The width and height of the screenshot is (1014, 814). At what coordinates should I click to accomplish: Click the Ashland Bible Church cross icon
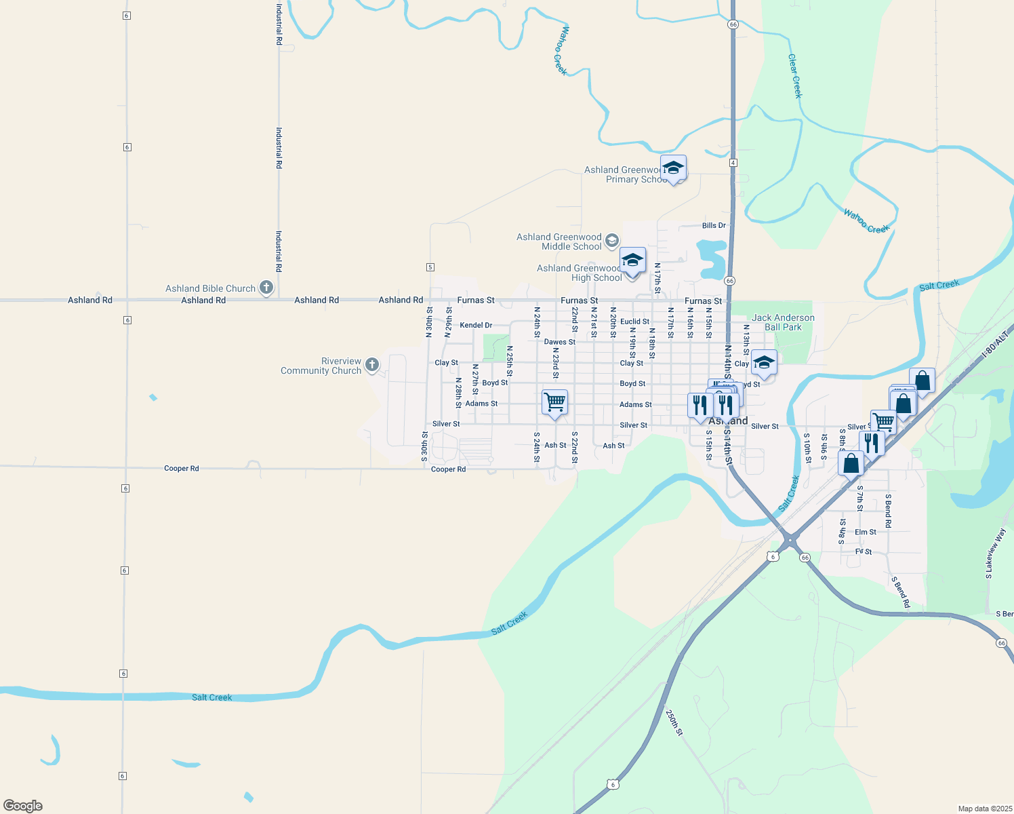pyautogui.click(x=266, y=288)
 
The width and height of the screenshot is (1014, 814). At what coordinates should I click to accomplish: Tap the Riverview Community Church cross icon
pyautogui.click(x=371, y=365)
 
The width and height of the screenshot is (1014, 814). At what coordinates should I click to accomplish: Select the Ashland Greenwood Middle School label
pyautogui.click(x=559, y=241)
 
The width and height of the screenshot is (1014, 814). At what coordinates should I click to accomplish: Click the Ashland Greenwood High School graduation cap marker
pyautogui.click(x=632, y=260)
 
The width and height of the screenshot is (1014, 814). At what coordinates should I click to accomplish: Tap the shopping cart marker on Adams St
pyautogui.click(x=554, y=402)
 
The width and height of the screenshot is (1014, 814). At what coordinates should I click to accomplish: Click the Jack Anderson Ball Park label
pyautogui.click(x=783, y=322)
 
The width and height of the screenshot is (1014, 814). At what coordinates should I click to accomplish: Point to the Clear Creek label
pyautogui.click(x=794, y=76)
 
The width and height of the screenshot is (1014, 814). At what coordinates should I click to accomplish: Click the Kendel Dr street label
pyautogui.click(x=476, y=326)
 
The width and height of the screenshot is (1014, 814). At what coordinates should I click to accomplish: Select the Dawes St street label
pyautogui.click(x=559, y=342)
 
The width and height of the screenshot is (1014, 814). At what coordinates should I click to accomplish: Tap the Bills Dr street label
pyautogui.click(x=714, y=225)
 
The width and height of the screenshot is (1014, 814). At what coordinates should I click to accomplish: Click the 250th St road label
pyautogui.click(x=674, y=723)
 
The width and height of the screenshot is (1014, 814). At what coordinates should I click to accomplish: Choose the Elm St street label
pyautogui.click(x=865, y=532)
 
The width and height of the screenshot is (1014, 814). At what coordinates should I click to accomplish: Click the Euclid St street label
pyautogui.click(x=634, y=322)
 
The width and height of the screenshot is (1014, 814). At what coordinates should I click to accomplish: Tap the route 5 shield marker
pyautogui.click(x=430, y=267)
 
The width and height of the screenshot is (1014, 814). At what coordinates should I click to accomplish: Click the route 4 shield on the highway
pyautogui.click(x=733, y=163)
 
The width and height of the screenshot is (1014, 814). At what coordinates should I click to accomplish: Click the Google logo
pyautogui.click(x=23, y=806)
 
